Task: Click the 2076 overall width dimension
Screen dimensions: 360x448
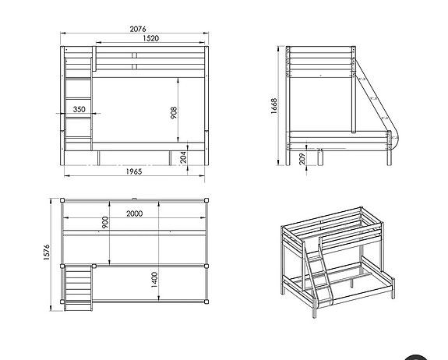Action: click(x=136, y=29)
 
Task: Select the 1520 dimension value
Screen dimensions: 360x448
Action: click(x=151, y=38)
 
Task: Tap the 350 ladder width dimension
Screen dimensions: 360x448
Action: click(x=79, y=110)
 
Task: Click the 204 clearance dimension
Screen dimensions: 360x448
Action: click(x=182, y=156)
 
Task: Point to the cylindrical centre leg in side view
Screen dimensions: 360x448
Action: click(x=320, y=158)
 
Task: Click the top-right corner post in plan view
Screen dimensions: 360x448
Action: click(x=209, y=201)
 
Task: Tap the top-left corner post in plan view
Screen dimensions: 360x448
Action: click(x=63, y=201)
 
